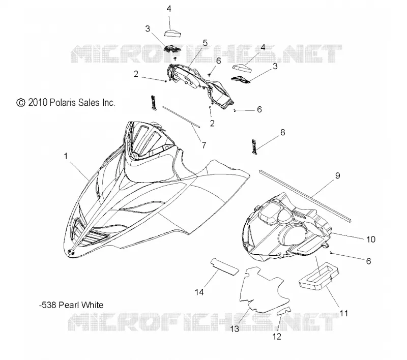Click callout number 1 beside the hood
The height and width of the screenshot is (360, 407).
66,156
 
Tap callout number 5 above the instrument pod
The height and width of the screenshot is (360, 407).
205,43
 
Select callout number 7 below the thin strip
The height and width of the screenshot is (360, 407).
204,145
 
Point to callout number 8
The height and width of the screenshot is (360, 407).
283,132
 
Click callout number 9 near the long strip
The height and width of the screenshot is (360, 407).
337,175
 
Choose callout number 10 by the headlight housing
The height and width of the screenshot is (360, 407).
371,239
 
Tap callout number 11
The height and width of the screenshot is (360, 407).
344,313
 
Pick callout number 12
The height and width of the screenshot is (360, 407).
277,337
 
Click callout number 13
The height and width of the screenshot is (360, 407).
235,329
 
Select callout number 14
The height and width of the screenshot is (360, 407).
199,292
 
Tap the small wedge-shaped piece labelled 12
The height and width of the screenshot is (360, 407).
284,310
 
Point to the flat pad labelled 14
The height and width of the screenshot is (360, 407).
224,267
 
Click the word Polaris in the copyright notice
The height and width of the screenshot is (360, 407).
62,103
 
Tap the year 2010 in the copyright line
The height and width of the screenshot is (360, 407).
38,103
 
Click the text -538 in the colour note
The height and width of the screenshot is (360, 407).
48,305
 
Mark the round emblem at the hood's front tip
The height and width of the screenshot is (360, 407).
71,252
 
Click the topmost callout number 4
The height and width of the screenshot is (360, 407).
169,9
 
